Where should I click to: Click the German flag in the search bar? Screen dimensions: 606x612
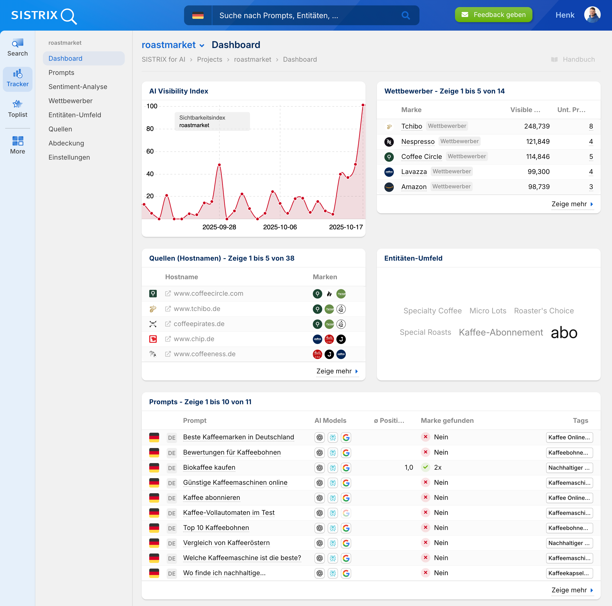pos(198,16)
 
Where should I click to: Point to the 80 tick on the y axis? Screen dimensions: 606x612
pos(150,129)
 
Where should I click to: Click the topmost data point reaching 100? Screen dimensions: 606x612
pos(363,105)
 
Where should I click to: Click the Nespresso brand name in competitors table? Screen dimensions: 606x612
pos(418,141)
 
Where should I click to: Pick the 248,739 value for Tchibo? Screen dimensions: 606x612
pos(537,126)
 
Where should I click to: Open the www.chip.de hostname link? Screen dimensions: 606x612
pos(194,339)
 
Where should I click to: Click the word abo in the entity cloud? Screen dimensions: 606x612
pos(564,333)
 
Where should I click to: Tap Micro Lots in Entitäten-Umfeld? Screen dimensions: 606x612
pos(487,311)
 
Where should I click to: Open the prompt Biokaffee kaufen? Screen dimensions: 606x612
pos(209,467)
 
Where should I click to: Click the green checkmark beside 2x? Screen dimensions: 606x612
pos(425,467)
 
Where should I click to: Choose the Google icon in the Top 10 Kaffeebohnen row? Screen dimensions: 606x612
pos(346,528)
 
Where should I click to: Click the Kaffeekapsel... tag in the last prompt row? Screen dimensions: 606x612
pos(569,573)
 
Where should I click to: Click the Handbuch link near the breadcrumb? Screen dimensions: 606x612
pos(578,60)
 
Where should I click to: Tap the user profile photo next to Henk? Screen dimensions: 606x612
pos(592,15)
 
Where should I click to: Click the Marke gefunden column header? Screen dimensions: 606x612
pos(447,420)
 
